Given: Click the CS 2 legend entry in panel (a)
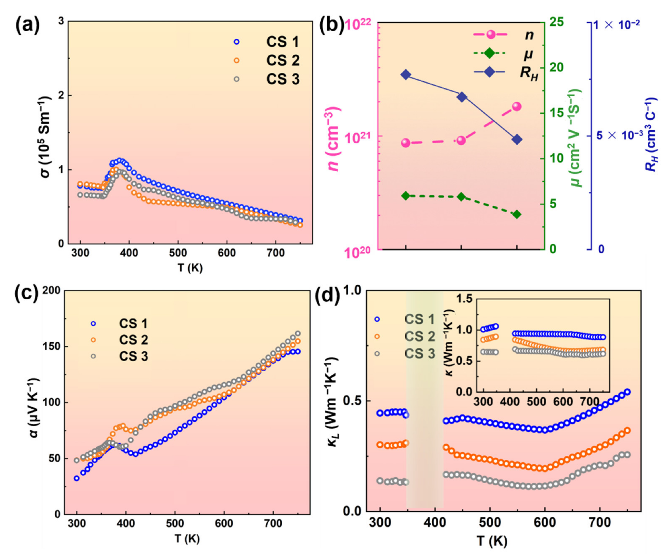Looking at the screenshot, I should tap(282, 61).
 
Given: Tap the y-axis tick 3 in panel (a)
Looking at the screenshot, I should tap(61, 21).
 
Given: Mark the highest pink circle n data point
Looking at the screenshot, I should tap(517, 107).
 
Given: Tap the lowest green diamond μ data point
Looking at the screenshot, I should tap(517, 214).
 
